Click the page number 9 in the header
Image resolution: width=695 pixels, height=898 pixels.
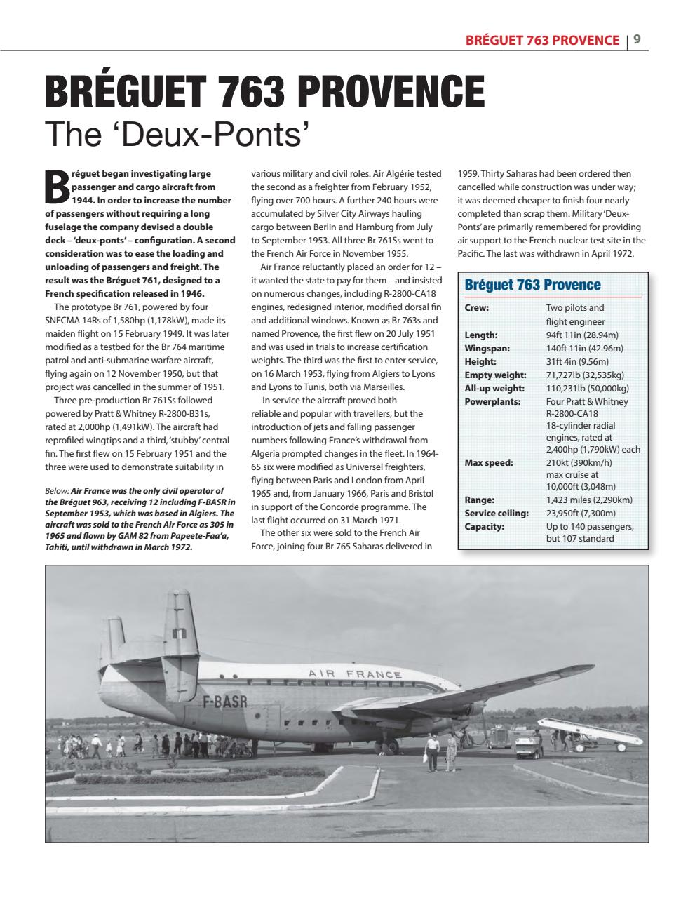tap(637, 40)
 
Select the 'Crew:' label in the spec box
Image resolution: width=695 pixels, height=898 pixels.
tap(477, 308)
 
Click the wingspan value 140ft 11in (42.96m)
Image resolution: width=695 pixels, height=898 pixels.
tap(584, 349)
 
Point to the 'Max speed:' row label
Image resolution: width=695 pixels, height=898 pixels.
tap(489, 463)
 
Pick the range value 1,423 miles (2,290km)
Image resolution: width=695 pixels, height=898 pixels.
tap(589, 500)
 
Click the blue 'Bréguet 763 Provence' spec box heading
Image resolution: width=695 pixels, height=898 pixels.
tap(532, 285)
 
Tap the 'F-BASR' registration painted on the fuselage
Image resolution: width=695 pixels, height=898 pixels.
tap(224, 701)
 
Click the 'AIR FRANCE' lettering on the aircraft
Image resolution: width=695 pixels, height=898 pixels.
tap(355, 674)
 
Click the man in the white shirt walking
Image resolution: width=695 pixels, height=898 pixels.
tap(433, 751)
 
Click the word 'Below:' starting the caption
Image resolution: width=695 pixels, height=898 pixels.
tap(57, 491)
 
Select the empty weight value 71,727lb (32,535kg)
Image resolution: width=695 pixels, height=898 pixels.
tap(585, 375)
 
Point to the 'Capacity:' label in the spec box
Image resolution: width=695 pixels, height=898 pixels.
tap(484, 527)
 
